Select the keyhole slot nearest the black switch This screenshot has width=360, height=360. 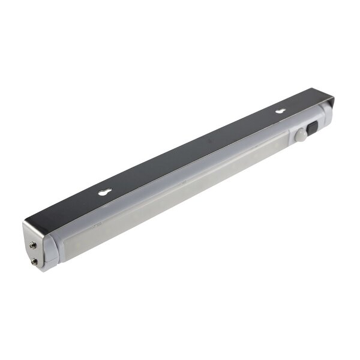click(280, 111)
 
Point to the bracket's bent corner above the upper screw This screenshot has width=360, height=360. click(28, 223)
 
